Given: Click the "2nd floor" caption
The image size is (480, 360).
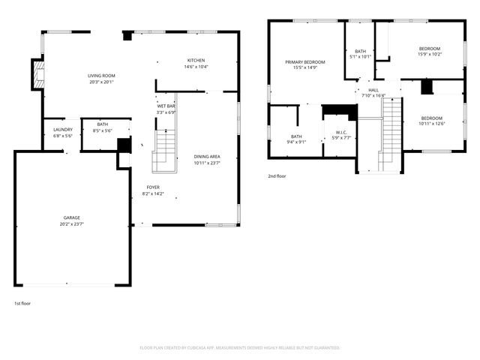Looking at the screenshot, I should (277, 176).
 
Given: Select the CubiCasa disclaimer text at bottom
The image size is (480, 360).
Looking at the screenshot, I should (240, 348).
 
